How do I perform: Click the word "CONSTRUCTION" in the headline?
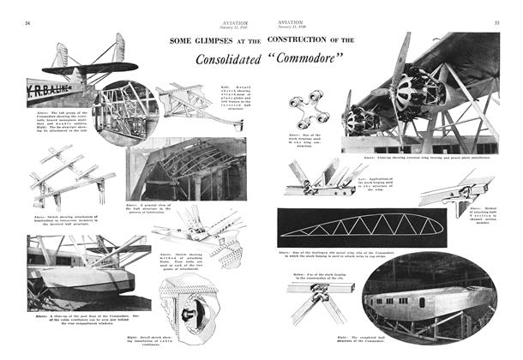pos(312,40)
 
